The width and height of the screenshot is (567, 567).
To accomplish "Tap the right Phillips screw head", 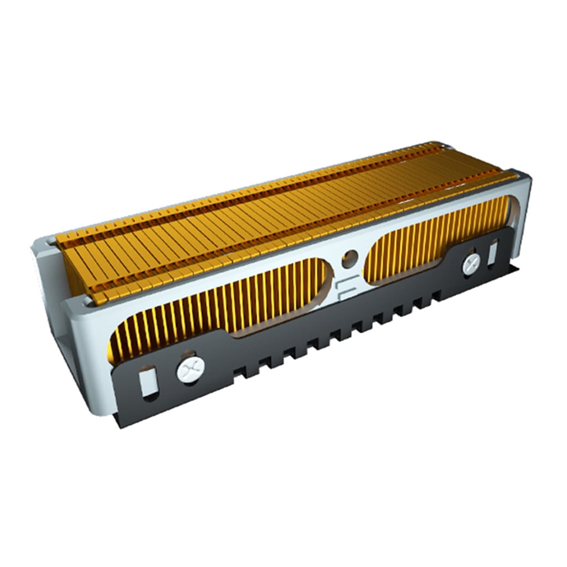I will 471,263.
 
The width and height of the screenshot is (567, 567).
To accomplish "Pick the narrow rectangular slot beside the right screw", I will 492,252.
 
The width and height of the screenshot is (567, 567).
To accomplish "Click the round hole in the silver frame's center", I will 349,257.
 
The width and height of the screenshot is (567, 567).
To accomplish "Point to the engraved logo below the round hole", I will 344,288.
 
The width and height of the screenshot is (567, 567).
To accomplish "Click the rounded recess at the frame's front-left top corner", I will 89,302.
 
